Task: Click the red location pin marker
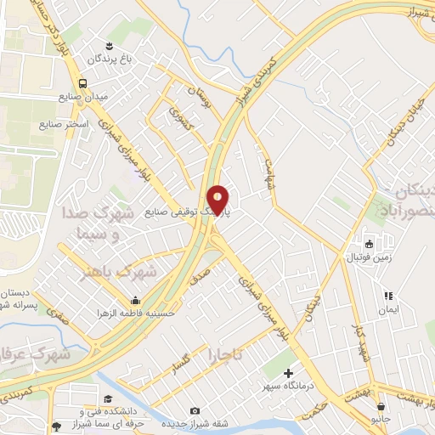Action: tap(218, 200)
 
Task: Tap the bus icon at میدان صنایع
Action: tap(82, 83)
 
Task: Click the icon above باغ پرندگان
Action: tap(109, 45)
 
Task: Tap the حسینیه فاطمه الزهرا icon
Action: tap(136, 300)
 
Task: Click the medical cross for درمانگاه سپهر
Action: tap(288, 372)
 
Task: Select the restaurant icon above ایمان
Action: tap(388, 297)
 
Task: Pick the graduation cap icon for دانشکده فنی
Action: tap(108, 398)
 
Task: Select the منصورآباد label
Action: tap(407, 204)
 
